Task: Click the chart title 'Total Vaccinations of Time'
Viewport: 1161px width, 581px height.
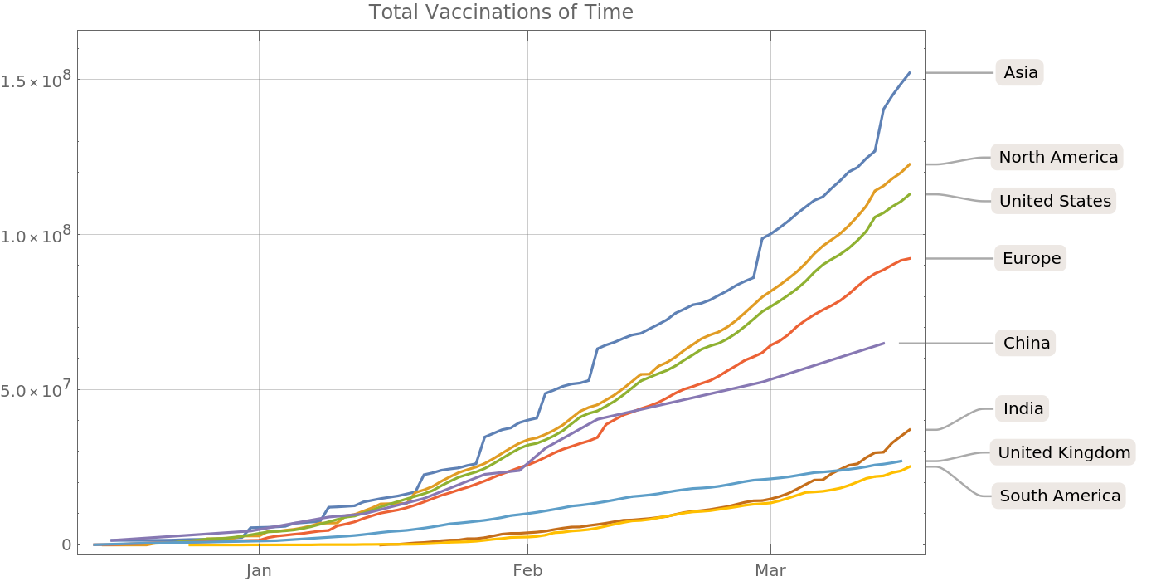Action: [501, 12]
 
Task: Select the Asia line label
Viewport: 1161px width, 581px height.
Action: [1020, 73]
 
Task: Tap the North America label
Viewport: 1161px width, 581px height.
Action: [1058, 157]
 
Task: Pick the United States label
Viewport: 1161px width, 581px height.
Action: [1055, 201]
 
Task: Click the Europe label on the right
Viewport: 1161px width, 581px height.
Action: [1032, 258]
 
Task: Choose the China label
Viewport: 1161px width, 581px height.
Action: [1027, 343]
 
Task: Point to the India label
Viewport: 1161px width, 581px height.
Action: [1023, 408]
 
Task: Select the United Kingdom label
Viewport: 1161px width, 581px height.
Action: [1064, 452]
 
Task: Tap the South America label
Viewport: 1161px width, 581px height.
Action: [1060, 496]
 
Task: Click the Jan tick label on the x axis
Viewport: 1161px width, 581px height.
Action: [259, 570]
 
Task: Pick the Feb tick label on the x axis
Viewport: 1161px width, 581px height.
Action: [527, 570]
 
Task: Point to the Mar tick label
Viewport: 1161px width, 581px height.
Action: [770, 570]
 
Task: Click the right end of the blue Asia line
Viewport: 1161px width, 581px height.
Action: [910, 72]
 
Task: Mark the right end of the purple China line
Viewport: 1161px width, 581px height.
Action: [883, 343]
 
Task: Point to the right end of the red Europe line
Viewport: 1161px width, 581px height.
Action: [910, 258]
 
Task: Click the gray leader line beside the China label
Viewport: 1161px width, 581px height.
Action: [945, 343]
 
